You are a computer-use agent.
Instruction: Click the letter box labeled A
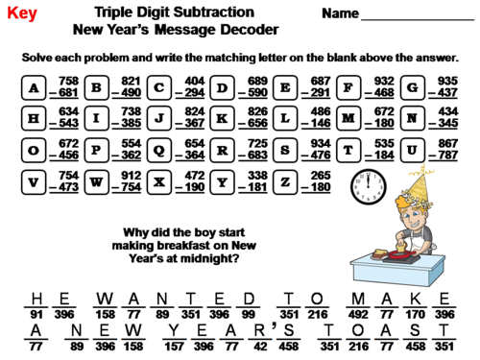tap(35, 89)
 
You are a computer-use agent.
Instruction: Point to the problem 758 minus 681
tap(66, 87)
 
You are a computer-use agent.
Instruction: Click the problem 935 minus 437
tap(446, 87)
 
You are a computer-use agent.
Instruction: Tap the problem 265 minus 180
tap(320, 180)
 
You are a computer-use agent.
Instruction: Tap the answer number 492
tap(358, 312)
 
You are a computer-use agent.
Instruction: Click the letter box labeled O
tap(35, 151)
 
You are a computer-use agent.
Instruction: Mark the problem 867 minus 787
tap(446, 150)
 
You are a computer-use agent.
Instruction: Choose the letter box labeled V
tap(35, 181)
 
